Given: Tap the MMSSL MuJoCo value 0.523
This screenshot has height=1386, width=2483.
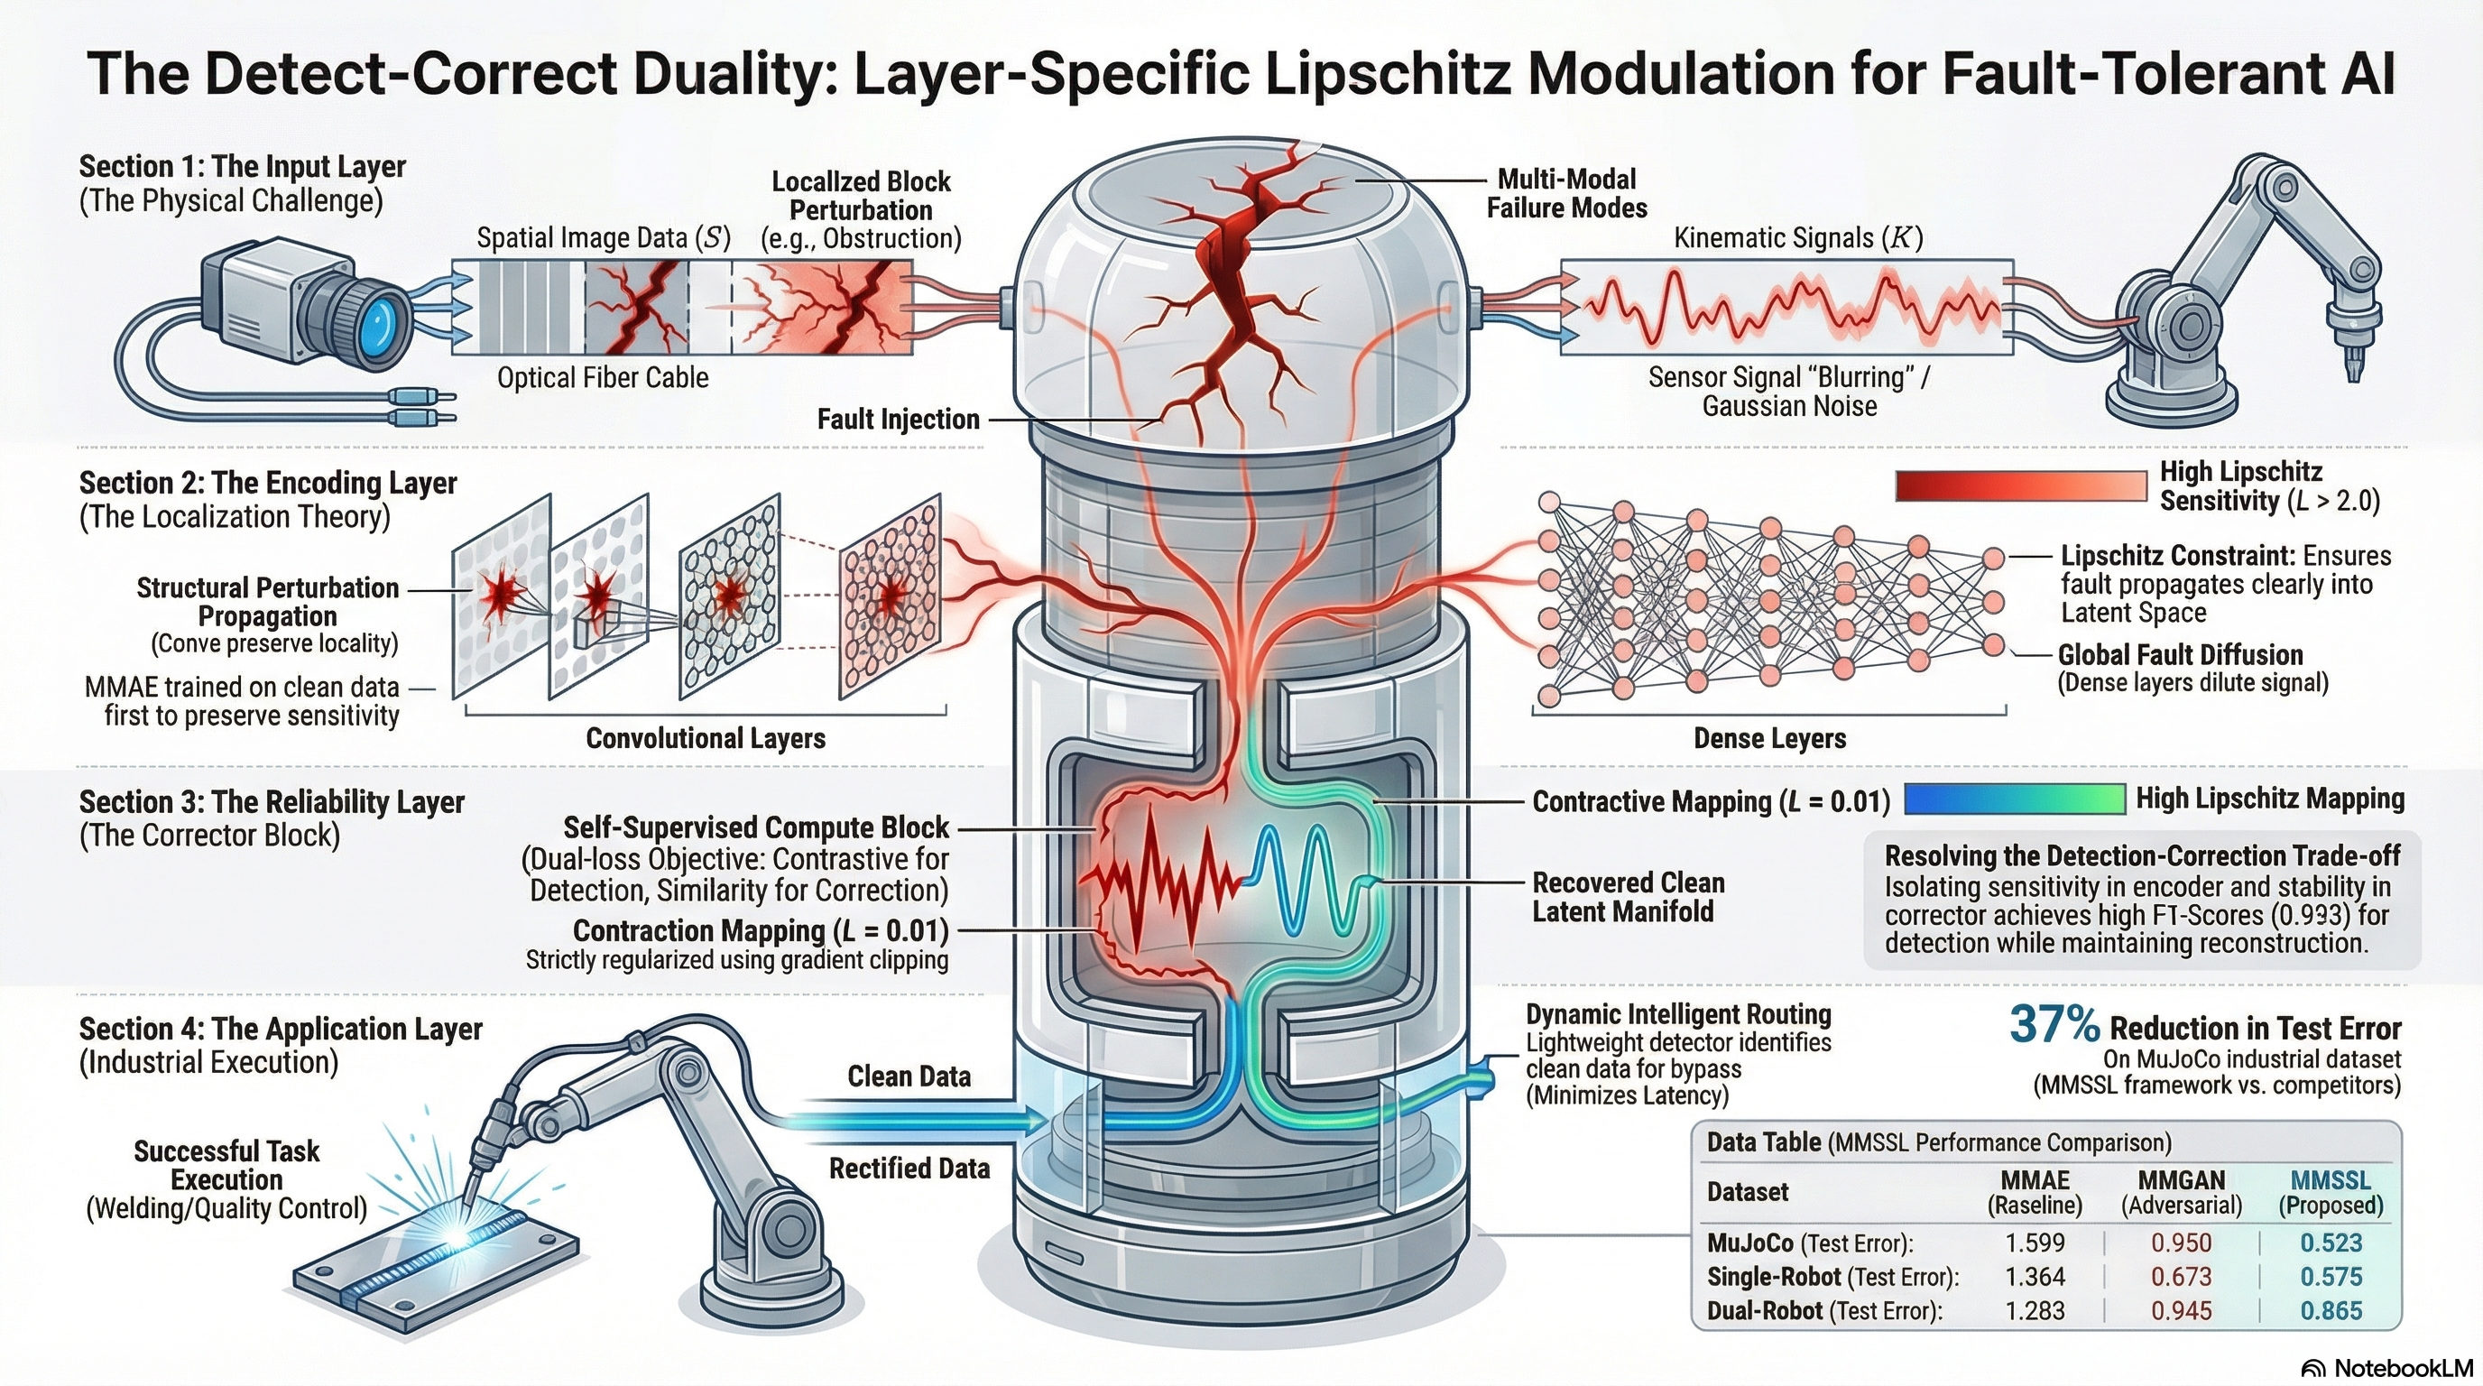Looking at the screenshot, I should pos(2331,1243).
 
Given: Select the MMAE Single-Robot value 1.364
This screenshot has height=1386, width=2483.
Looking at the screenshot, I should pos(2035,1276).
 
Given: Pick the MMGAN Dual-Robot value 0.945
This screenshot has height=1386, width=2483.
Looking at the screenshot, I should pos(2181,1311).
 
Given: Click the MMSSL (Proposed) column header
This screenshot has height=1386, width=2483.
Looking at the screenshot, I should pos(2330,1192).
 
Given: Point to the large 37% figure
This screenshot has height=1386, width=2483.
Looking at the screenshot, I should pos(2054,1023).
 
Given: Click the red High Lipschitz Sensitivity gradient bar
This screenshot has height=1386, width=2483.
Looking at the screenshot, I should pos(2020,485).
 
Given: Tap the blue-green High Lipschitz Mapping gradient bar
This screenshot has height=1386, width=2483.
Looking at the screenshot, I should pos(2015,799).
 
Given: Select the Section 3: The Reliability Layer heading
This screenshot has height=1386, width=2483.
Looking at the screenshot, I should pos(272,802).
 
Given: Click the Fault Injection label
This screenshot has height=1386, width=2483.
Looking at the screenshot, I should pos(898,420).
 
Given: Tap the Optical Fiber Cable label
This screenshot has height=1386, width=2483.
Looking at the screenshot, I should pos(603,378).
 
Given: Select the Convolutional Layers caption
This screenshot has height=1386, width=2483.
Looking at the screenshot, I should pos(706,738).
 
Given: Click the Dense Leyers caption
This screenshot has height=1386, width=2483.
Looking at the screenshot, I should pos(1769,738).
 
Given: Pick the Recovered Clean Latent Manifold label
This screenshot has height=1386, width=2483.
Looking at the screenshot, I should pos(1628,896).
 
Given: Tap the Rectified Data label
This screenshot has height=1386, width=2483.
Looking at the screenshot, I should pos(909,1169).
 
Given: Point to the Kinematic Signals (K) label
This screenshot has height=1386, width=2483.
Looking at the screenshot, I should pos(1797,238).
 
